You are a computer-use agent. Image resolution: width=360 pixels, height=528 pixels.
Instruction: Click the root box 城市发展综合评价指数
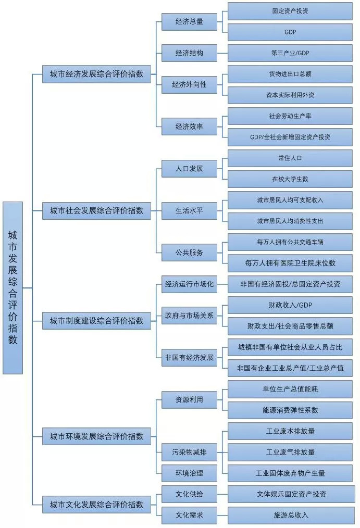pos(13,287)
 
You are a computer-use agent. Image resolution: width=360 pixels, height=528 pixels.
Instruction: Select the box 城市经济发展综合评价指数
pos(96,74)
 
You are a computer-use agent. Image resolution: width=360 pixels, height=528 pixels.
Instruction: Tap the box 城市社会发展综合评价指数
pos(96,210)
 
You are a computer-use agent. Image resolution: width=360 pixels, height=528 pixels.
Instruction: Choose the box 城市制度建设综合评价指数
pos(96,320)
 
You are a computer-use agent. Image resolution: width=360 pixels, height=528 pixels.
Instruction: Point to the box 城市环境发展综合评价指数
pos(96,436)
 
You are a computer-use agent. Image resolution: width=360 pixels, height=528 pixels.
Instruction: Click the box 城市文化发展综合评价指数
pos(96,504)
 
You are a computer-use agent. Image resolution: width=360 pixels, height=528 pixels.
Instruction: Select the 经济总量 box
pos(189,22)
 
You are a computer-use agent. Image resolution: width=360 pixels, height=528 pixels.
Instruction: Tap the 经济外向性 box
pos(189,84)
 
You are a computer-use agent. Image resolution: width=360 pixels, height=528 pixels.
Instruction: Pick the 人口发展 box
pos(189,168)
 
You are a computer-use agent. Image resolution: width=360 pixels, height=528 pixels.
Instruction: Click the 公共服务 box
pos(189,253)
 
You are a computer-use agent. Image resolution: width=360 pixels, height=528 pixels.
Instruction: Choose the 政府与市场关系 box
pos(189,316)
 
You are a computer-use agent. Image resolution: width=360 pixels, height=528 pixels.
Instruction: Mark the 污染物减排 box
pos(189,452)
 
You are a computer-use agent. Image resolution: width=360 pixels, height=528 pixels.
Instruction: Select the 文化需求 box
pos(189,515)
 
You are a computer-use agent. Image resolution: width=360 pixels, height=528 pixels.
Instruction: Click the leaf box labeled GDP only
pos(290,32)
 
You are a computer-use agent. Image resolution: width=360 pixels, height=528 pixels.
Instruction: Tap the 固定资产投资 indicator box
pos(290,11)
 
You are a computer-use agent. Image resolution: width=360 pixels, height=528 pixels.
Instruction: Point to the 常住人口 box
pos(290,158)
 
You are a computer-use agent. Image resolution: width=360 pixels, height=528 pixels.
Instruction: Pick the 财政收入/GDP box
pos(290,305)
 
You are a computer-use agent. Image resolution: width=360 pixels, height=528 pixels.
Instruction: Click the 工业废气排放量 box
pos(290,452)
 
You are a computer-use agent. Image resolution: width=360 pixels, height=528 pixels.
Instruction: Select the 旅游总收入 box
pos(290,515)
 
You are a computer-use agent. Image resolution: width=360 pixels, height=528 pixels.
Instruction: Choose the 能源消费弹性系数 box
pos(290,410)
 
